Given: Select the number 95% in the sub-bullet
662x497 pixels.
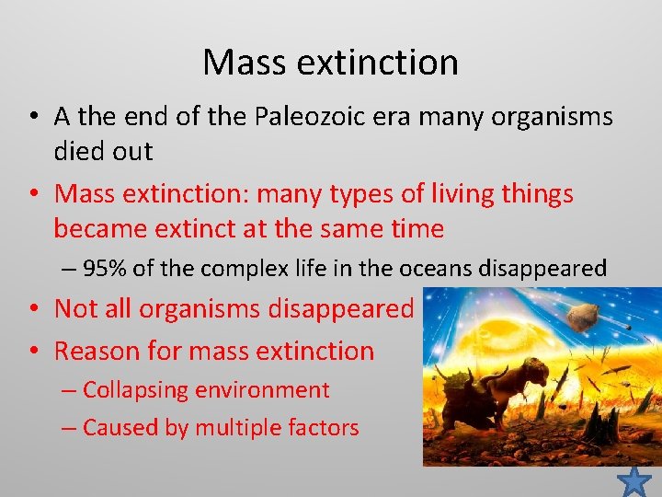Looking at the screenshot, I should pyautogui.click(x=101, y=268).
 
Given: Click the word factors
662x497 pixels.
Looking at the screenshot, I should pyautogui.click(x=324, y=427).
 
